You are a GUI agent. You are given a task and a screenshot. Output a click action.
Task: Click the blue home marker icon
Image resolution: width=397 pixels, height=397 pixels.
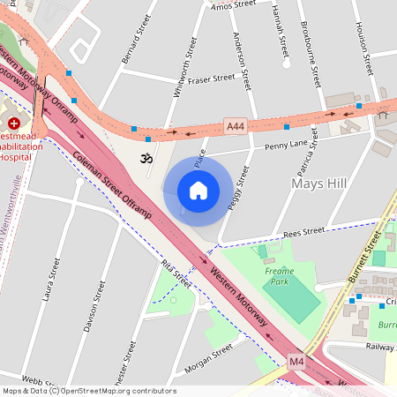pyautogui.click(x=198, y=191)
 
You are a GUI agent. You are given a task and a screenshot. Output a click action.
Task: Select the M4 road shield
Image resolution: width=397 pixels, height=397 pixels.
pyautogui.click(x=296, y=362)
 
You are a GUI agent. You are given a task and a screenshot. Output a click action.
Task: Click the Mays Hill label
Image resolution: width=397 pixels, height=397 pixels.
pyautogui.click(x=318, y=184)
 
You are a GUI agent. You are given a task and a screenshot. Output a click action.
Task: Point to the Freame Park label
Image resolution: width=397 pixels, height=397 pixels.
pyautogui.click(x=279, y=277)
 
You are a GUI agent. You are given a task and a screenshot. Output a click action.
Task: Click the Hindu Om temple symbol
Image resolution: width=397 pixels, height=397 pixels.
pyautogui.click(x=146, y=157)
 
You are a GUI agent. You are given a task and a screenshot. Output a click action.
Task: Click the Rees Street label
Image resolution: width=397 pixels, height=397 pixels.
pyautogui.click(x=303, y=232)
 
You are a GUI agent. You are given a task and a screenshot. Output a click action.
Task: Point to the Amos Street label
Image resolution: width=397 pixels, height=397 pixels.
pyautogui.click(x=234, y=5)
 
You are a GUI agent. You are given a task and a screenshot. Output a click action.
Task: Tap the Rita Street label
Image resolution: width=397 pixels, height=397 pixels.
pyautogui.click(x=176, y=274)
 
